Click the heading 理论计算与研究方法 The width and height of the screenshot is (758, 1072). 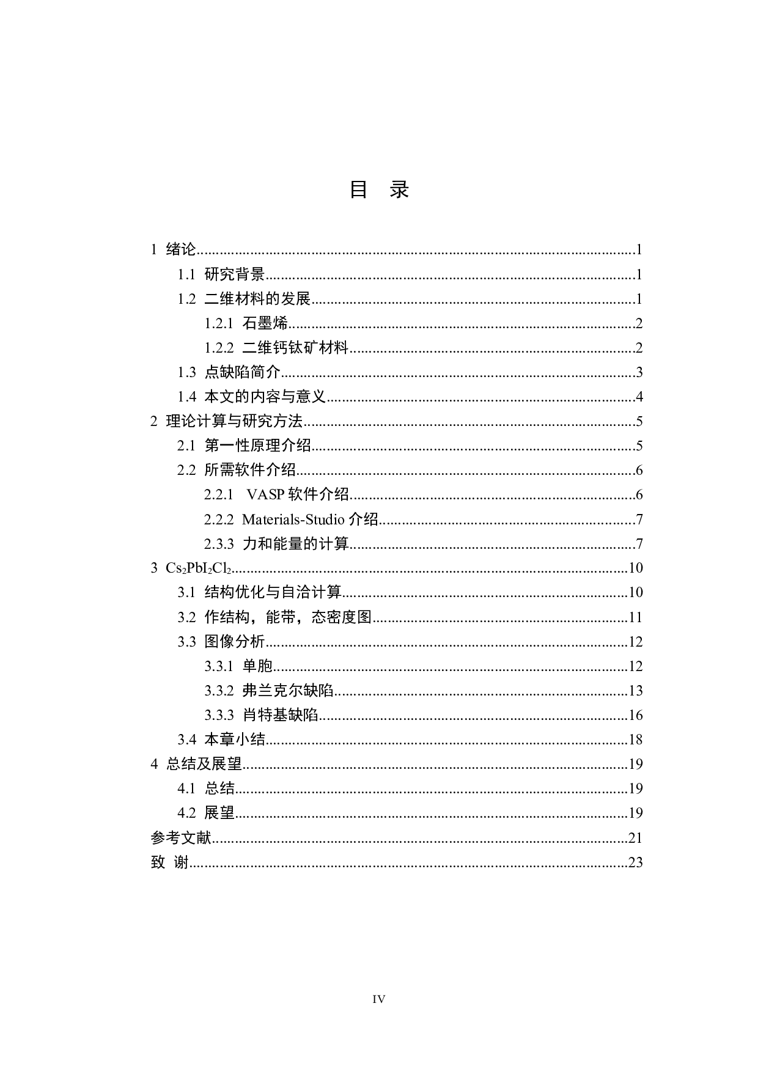[x=234, y=421]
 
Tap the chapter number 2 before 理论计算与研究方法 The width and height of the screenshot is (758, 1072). [x=154, y=421]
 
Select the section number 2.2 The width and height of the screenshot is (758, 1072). [x=186, y=470]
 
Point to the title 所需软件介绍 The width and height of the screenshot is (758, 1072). [x=250, y=470]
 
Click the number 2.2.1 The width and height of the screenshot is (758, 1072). [x=219, y=494]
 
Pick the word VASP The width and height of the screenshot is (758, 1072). [x=265, y=494]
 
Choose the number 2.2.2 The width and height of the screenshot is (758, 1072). [x=219, y=519]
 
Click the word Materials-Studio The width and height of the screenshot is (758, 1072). [x=293, y=519]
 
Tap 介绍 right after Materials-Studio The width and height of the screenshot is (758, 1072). [x=363, y=519]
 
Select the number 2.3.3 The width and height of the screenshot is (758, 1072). [x=219, y=544]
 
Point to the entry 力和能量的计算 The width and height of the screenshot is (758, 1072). [x=295, y=544]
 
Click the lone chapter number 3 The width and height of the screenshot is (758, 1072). [x=155, y=568]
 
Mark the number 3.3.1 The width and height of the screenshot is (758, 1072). [x=219, y=666]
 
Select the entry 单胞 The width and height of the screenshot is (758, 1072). [x=257, y=666]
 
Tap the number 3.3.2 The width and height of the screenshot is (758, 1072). [x=219, y=691]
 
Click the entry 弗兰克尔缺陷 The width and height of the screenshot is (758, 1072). [x=288, y=691]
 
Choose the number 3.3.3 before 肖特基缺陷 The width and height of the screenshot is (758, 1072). [x=219, y=715]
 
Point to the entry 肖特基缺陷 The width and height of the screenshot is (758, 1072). [x=280, y=715]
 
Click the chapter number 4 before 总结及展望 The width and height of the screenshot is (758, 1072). [x=155, y=764]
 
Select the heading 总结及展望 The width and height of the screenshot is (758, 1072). [x=204, y=764]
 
